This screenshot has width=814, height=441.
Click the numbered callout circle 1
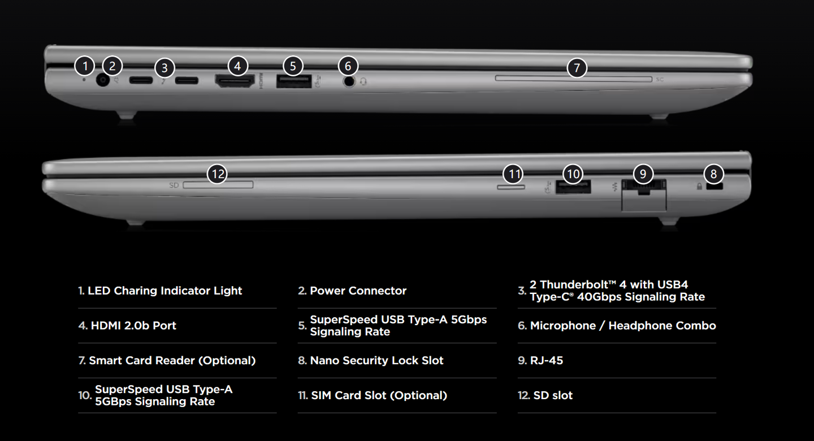point(85,66)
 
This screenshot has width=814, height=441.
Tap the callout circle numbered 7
point(577,68)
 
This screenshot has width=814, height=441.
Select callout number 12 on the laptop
point(217,174)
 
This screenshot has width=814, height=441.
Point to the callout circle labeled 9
point(643,174)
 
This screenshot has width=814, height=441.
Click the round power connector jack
point(103,80)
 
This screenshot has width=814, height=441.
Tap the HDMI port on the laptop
point(235,81)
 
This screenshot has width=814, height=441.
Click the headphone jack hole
point(349,81)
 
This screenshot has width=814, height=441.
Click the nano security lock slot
point(714,186)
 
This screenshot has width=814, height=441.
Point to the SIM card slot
point(511,187)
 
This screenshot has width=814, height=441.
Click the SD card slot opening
point(218,185)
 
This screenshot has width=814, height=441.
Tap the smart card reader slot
point(573,79)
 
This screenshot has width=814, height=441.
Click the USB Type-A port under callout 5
point(294,81)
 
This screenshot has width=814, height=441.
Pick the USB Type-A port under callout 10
point(573,187)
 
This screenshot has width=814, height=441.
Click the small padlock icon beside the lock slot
point(699,187)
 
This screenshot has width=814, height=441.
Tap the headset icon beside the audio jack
point(363,82)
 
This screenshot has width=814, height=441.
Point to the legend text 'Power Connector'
point(358,291)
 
